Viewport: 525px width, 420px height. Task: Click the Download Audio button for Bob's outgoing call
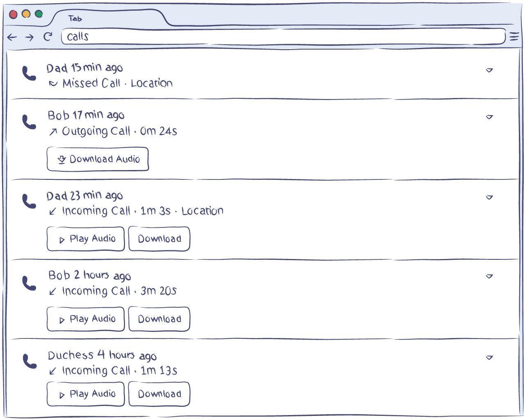98,159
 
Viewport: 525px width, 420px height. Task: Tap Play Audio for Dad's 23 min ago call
86,239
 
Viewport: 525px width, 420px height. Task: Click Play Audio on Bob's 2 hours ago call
86,319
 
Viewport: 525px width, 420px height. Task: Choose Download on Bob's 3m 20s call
159,319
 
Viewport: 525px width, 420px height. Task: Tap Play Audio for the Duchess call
86,394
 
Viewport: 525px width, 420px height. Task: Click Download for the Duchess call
159,394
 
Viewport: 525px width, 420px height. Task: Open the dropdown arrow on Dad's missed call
489,70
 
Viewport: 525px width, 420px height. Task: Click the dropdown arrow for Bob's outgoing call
489,117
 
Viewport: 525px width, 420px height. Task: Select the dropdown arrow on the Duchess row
489,358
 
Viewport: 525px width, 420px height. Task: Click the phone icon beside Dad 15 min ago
29,74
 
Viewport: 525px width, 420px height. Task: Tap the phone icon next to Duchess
29,361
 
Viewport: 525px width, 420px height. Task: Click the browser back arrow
12,37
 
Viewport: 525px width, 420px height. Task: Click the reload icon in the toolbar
48,37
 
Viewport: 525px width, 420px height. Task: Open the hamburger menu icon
514,37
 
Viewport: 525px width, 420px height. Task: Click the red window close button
13,14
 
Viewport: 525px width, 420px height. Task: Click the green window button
39,14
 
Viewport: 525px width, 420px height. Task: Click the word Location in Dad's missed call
152,83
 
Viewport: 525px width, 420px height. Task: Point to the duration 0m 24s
159,131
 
